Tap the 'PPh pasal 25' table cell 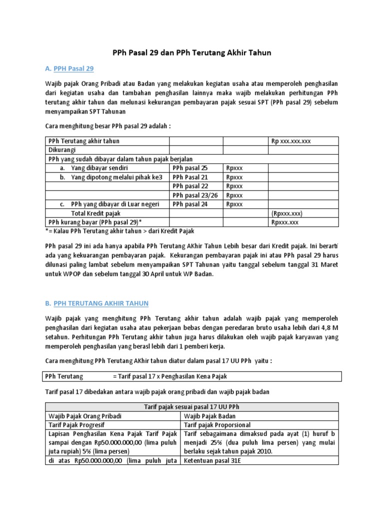(x=189, y=168)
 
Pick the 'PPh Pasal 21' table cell (x=189, y=177)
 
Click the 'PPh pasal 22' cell (x=189, y=186)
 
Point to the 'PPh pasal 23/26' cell (x=194, y=195)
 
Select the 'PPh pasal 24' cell (x=189, y=204)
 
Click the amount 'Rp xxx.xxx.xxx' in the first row (x=291, y=141)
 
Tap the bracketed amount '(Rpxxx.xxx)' (x=287, y=213)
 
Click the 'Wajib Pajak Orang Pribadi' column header (x=84, y=415)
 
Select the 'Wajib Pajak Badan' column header (x=209, y=415)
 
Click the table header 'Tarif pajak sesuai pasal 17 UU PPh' (x=191, y=406)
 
